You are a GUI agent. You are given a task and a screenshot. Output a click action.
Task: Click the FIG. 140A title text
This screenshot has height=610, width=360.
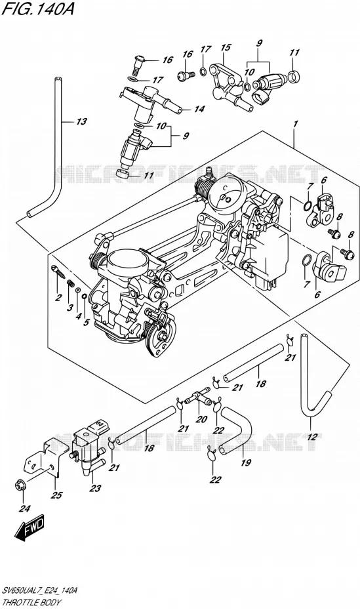pos(37,9)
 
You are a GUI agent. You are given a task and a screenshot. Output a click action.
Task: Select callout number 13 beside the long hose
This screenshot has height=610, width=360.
pos(81,122)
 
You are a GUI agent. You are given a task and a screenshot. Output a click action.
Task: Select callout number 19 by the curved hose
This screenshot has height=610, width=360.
pos(246,462)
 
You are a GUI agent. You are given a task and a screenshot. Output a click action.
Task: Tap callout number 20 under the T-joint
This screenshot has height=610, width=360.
pos(201,419)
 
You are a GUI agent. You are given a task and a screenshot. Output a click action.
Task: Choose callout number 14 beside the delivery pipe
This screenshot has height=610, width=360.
pos(199,110)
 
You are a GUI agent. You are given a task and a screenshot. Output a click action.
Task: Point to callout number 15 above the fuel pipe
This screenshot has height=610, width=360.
pos(226,47)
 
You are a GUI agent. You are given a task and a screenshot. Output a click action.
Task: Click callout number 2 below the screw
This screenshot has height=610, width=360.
pos(58,298)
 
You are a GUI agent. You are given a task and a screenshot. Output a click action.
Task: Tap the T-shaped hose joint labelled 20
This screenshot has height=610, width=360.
pos(198,397)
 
